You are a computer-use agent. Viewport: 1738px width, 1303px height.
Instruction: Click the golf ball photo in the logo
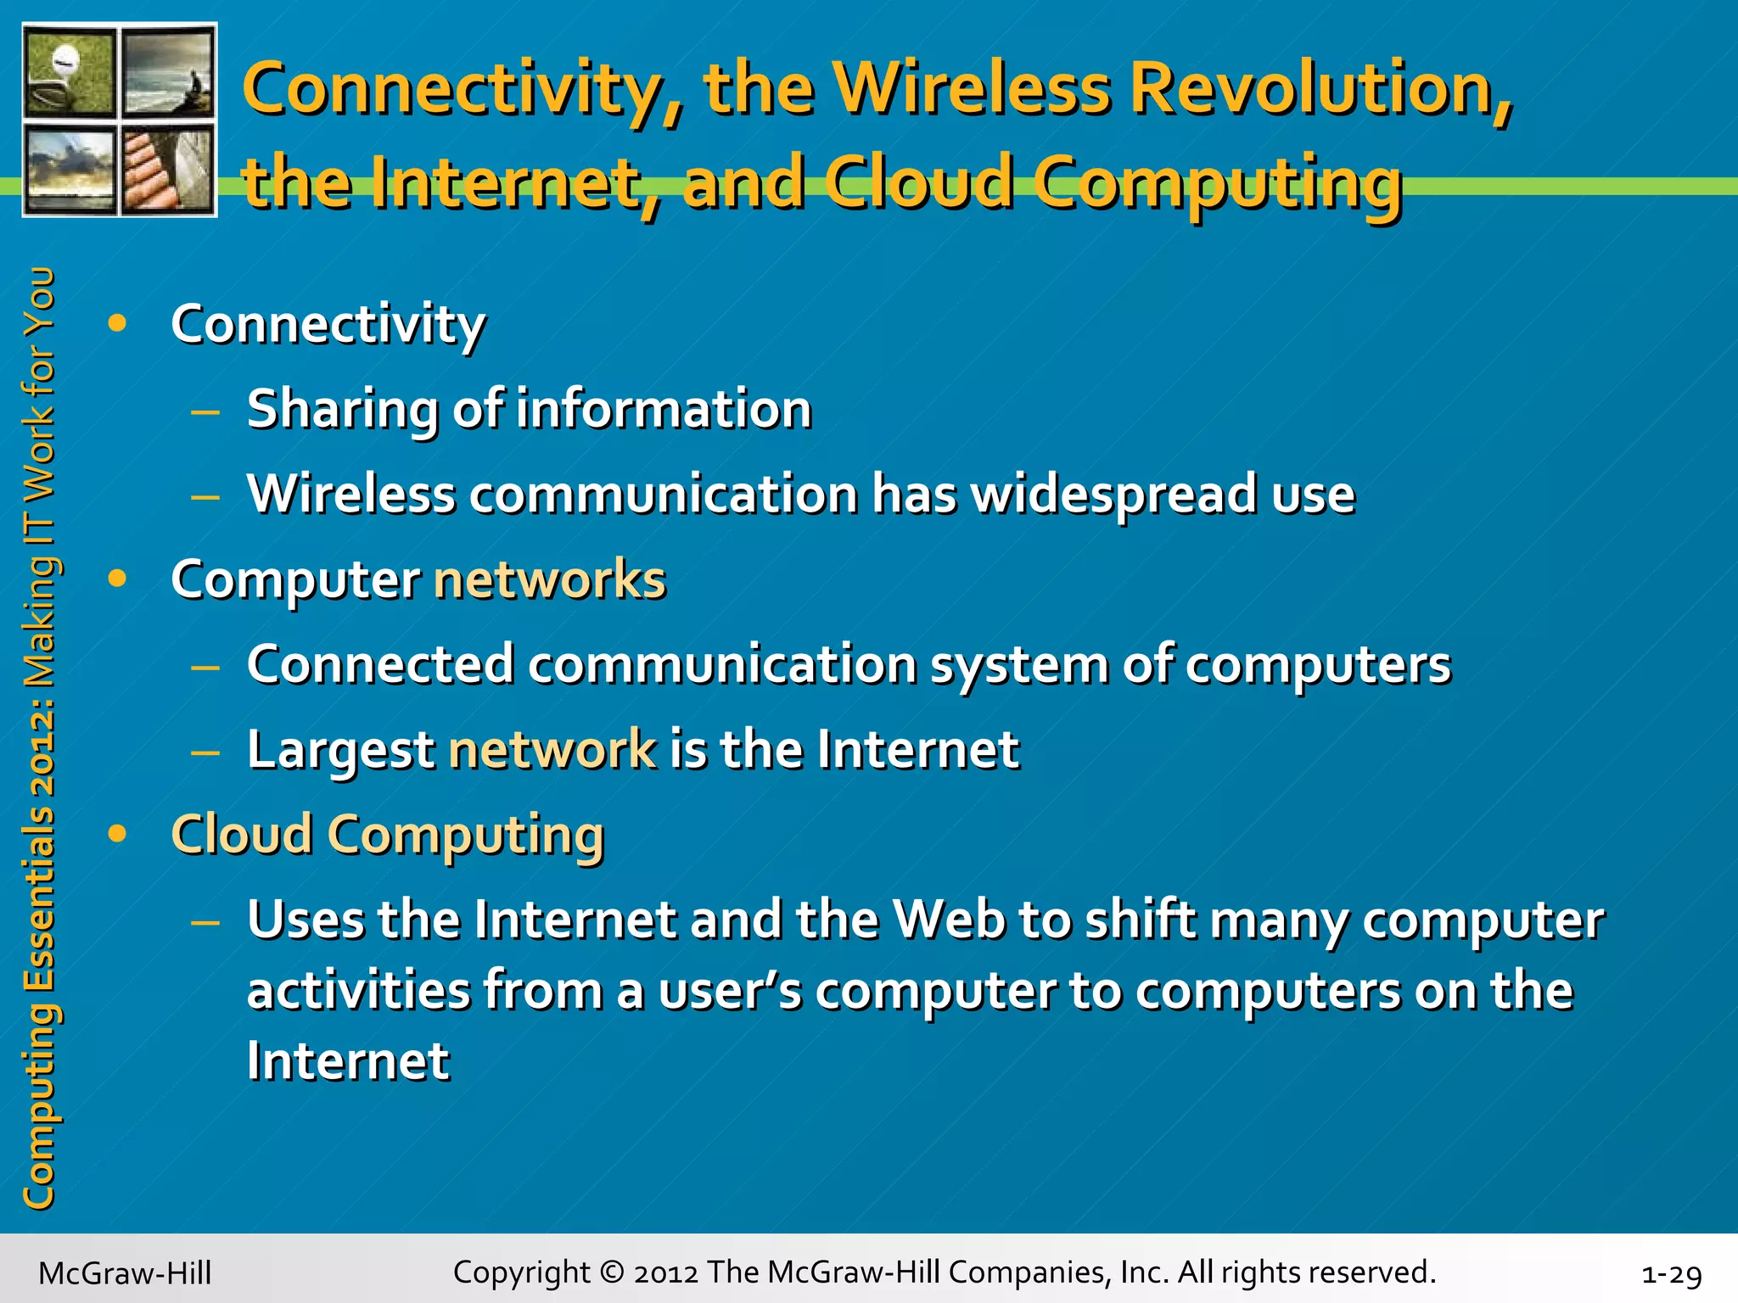[70, 73]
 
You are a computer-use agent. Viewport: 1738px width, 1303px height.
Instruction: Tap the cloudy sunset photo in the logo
[70, 168]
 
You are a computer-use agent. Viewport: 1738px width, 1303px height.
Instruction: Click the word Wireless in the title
[972, 89]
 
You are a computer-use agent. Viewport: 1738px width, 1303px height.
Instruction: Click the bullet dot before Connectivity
[117, 323]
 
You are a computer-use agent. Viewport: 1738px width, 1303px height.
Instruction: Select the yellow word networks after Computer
[549, 579]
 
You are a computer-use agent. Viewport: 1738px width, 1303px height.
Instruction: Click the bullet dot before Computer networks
[117, 579]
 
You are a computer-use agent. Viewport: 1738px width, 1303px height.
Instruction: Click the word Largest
[340, 751]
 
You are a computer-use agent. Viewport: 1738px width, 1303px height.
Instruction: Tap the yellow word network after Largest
[552, 750]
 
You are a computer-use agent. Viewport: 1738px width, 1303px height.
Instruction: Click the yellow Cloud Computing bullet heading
[387, 835]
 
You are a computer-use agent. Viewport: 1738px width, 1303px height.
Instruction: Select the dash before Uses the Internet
[205, 921]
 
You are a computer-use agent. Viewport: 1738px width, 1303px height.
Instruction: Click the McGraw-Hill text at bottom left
[125, 1273]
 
